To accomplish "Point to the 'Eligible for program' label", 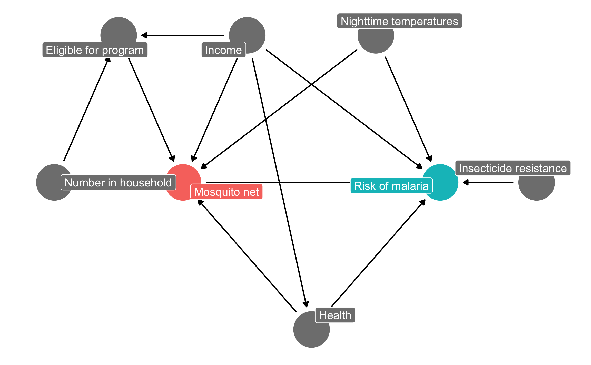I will click(95, 50).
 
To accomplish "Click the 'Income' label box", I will click(223, 50).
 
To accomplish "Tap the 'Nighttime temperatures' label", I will click(399, 21).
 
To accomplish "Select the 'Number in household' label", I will click(118, 183).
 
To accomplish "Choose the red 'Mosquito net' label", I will click(226, 192).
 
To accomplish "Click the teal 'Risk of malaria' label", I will click(391, 186).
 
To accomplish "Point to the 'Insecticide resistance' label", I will click(513, 168).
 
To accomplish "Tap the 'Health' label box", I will click(335, 315).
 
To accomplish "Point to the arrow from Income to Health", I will click(280, 185).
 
